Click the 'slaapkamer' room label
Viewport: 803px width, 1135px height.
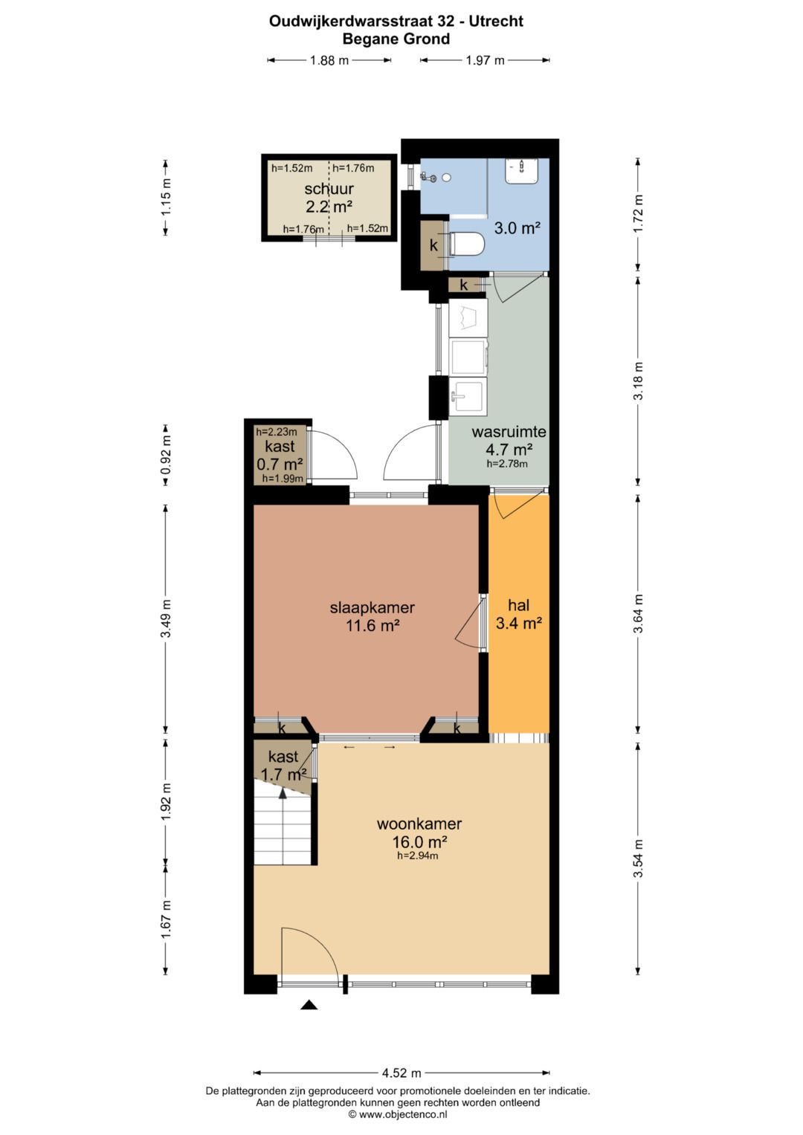373,607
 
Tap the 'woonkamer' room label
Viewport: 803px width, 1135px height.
419,824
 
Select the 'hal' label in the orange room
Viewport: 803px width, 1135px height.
519,605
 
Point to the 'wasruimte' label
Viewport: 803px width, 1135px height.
509,432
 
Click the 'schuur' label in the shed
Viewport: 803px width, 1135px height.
329,189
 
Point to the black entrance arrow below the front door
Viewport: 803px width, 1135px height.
309,1005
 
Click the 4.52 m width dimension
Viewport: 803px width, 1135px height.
401,1073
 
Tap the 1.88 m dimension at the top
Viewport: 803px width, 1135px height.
329,60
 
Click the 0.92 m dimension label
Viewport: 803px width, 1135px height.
167,455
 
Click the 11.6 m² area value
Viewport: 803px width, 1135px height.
373,626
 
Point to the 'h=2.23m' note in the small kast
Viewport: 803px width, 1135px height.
277,432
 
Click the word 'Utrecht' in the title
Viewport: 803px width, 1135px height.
497,22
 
